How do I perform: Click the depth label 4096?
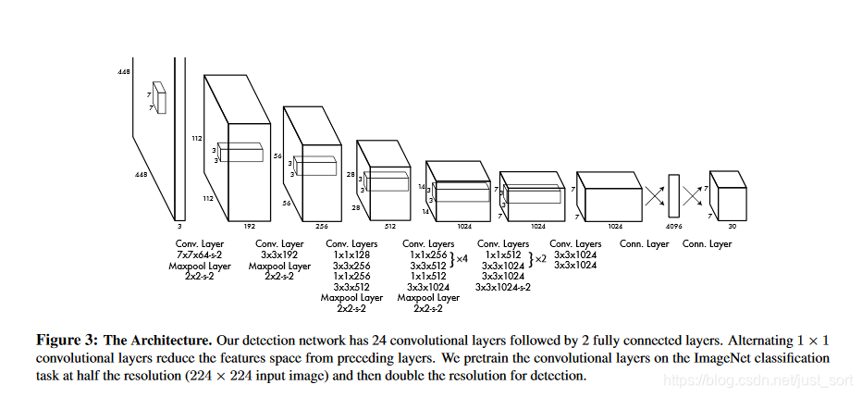(x=673, y=224)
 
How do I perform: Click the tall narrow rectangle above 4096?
(x=673, y=196)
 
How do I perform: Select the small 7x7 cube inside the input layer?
(x=160, y=97)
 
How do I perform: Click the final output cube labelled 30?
(x=727, y=195)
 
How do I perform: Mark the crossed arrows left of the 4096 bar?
(x=654, y=196)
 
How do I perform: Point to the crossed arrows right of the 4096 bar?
(x=693, y=196)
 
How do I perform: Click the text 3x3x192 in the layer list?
(x=272, y=254)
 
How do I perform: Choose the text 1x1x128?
(x=351, y=254)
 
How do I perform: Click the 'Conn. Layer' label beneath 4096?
(x=645, y=244)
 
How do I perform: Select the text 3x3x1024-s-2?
(x=503, y=287)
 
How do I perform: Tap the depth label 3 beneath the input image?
(x=179, y=224)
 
